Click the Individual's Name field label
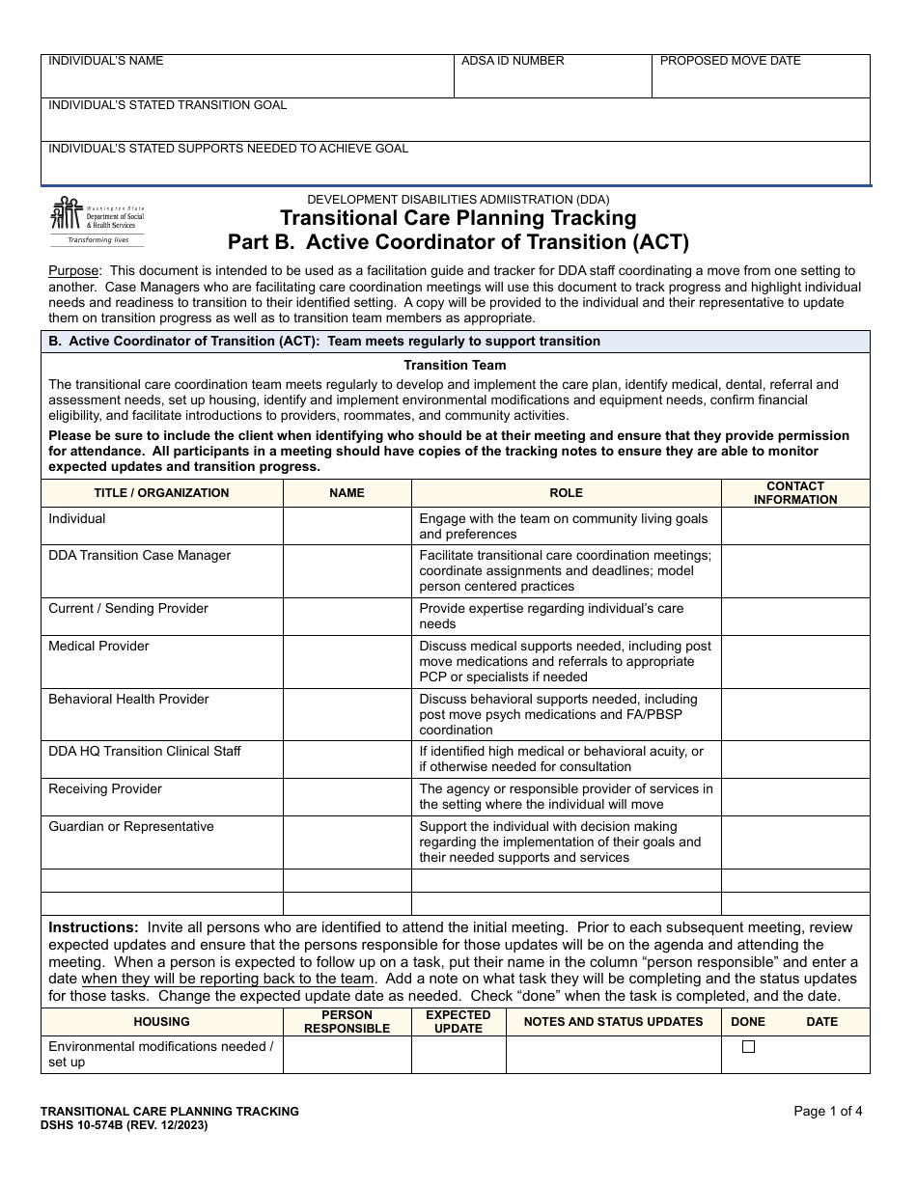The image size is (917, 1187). [x=106, y=61]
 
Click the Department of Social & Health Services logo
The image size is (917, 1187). [x=97, y=221]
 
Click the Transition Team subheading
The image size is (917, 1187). [x=455, y=365]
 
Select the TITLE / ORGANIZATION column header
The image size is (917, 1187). [x=161, y=493]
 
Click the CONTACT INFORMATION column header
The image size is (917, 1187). [x=795, y=493]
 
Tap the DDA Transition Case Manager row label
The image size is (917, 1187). [x=140, y=556]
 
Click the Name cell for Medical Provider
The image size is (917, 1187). [x=347, y=661]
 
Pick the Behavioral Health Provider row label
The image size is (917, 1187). [x=128, y=700]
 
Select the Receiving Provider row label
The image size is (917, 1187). [x=105, y=789]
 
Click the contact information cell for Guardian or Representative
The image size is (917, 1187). [x=795, y=842]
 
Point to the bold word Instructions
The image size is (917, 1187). [x=94, y=927]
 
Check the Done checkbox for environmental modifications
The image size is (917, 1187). [x=748, y=1047]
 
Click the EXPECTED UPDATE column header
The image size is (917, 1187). [x=458, y=1022]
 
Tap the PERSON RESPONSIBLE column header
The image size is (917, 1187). [x=347, y=1022]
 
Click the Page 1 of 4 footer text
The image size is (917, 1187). [x=827, y=1111]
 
